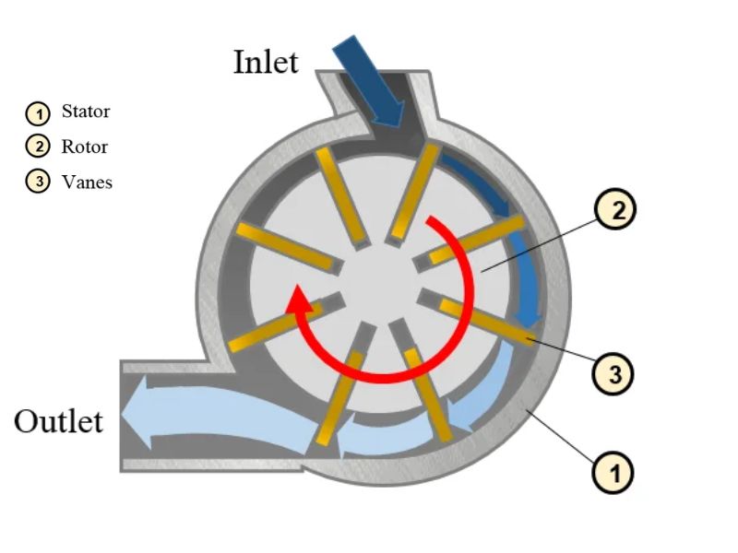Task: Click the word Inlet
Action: point(266,62)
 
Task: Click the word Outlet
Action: point(58,421)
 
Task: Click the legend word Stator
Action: point(86,112)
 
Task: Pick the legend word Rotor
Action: point(85,147)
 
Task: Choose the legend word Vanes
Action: point(87,182)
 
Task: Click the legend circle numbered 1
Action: point(38,113)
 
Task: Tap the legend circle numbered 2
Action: point(38,147)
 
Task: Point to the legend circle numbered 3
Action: point(38,182)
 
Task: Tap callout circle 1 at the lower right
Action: point(614,475)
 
